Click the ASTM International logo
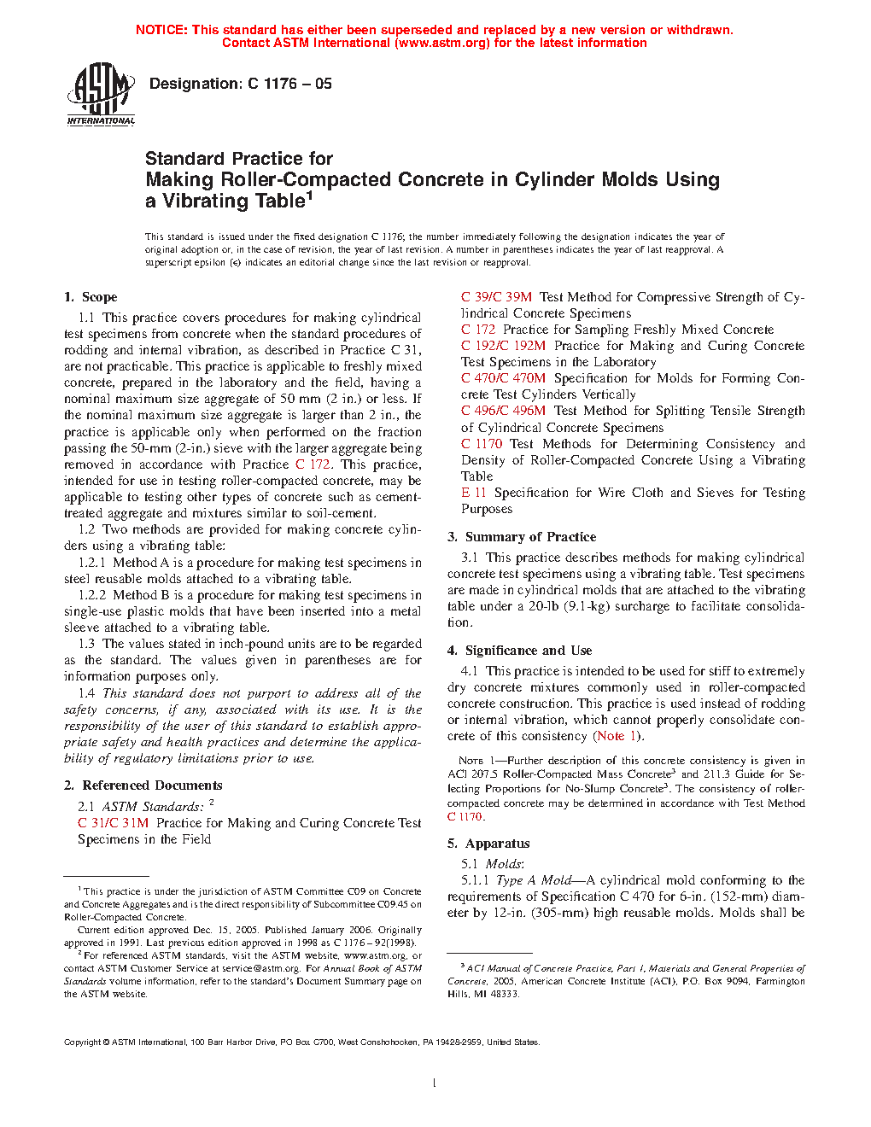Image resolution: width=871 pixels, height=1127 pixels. (101, 95)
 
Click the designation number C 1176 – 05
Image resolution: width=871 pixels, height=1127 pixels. (289, 84)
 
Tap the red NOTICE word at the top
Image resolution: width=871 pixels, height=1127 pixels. (161, 30)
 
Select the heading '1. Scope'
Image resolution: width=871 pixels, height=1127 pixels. (91, 297)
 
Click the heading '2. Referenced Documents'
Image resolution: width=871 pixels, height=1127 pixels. (143, 785)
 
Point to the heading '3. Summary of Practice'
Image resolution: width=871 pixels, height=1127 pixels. (522, 537)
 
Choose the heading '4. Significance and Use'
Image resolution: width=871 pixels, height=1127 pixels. (519, 651)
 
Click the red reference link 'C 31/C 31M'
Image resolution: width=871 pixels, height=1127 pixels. (113, 823)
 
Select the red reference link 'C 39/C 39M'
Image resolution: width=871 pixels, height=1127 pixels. (496, 297)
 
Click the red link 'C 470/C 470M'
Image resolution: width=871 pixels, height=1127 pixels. (503, 378)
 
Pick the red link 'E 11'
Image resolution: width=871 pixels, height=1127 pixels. (473, 493)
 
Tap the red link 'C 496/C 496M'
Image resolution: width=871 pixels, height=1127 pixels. (503, 411)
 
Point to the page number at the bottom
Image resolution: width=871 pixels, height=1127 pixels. (435, 1083)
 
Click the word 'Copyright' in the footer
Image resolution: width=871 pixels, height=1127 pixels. (83, 1042)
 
